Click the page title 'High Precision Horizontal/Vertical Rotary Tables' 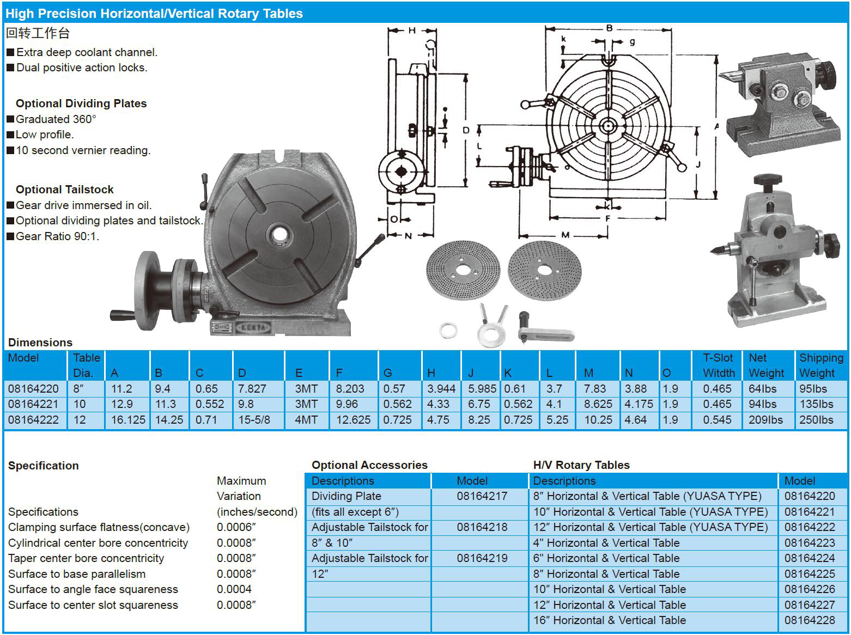click(x=154, y=14)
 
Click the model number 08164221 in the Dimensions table click(x=33, y=404)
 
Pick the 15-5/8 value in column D click(x=254, y=420)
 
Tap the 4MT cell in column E click(x=306, y=420)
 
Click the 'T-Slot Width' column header click(x=719, y=365)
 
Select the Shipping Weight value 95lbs click(x=813, y=389)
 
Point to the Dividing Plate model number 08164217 click(x=482, y=496)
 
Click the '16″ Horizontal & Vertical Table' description click(x=609, y=620)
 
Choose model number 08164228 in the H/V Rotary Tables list click(x=810, y=620)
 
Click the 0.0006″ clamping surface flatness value click(x=236, y=527)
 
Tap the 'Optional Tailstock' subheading click(x=64, y=190)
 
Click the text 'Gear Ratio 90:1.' click(x=57, y=236)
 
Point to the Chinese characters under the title click(x=38, y=33)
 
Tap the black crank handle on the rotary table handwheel click(x=122, y=314)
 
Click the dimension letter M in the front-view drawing click(x=565, y=235)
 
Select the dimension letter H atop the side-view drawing click(x=412, y=30)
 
